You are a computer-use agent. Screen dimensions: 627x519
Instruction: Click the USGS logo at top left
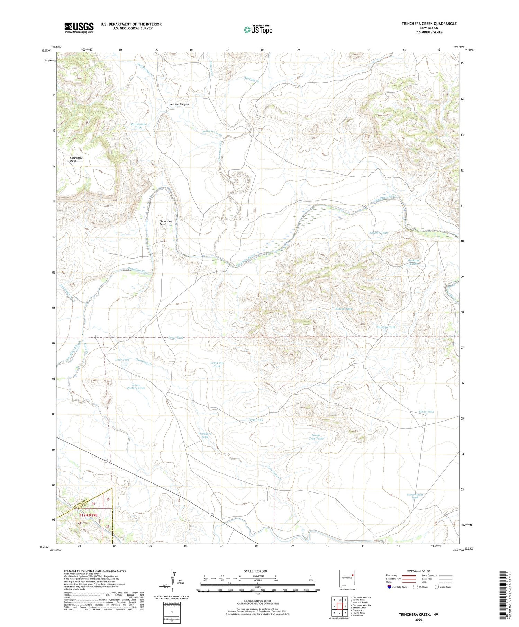click(79, 28)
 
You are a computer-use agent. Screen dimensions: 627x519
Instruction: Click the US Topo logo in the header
click(258, 30)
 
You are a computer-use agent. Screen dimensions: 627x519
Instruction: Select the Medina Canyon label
click(179, 104)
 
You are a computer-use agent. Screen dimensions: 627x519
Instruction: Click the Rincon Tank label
click(343, 309)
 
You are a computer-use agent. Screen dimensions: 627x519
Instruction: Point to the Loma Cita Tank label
click(217, 364)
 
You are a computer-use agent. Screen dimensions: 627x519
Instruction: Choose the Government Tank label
click(415, 496)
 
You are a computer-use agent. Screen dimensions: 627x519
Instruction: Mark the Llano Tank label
click(426, 412)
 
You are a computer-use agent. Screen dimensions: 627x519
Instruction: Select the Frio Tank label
click(256, 420)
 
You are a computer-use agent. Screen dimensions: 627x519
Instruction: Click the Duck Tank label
click(122, 360)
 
